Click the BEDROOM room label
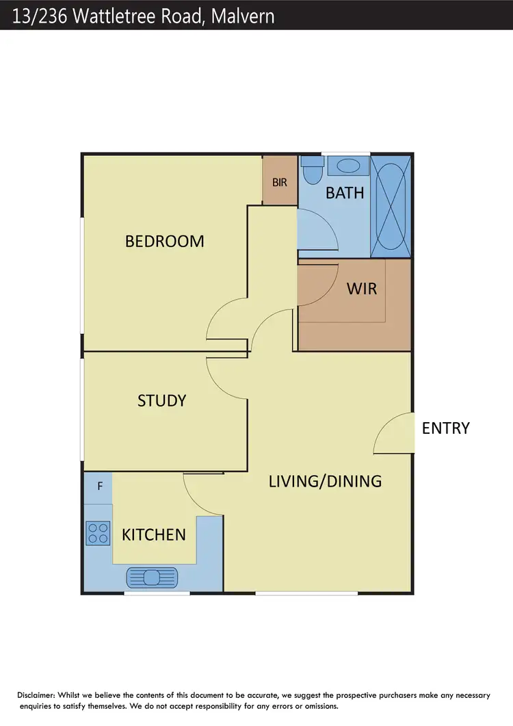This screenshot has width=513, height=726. pos(164,241)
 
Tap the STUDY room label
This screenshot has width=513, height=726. pos(162,400)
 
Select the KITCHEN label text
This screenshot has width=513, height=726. pos(153,534)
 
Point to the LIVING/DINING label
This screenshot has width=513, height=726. pos(325,481)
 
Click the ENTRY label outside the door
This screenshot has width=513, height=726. pos(446,428)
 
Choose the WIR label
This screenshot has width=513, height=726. pos(362,288)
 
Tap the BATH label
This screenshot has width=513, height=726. pos(345,192)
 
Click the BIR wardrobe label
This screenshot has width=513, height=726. pos(280,183)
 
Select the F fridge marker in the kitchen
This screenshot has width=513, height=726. pos(100,487)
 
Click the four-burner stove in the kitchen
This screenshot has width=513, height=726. pos(98,532)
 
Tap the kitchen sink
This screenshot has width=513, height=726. pos(152,578)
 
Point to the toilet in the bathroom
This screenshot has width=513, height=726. pos(313,170)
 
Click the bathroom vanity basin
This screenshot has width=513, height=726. pos(349,166)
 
